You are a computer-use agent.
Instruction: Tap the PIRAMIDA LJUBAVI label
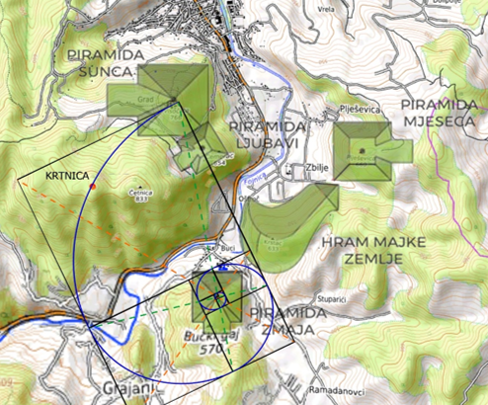(264, 135)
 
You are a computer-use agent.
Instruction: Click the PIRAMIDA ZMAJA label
(289, 322)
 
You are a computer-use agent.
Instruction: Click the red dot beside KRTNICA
(92, 185)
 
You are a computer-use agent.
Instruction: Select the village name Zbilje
(316, 167)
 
